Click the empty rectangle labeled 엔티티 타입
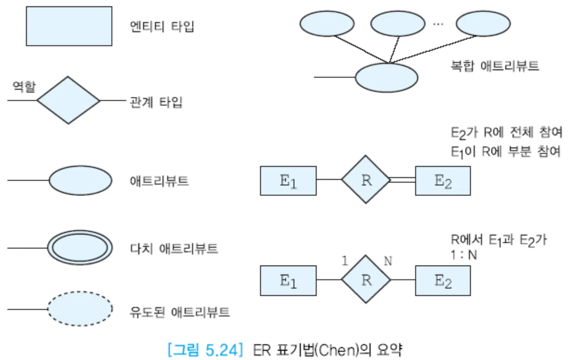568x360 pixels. tap(69, 26)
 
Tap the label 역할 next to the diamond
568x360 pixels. tap(24, 86)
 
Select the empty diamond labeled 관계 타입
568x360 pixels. tap(68, 100)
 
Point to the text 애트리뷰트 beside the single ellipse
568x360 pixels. tap(159, 181)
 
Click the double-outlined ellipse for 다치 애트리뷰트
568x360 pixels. tap(80, 248)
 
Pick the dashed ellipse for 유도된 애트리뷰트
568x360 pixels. tap(80, 309)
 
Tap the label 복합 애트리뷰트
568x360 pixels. tap(495, 66)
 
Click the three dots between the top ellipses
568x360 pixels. tap(438, 24)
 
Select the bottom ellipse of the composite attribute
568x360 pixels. tap(386, 78)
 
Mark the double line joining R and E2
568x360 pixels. tap(403, 180)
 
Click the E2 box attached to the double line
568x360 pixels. tap(443, 181)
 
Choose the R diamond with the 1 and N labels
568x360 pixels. tap(366, 279)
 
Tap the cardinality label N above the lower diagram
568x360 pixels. tap(388, 261)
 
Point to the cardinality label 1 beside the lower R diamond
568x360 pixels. tap(345, 261)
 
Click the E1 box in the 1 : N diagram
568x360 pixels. tap(288, 280)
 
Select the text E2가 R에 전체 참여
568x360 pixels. tap(506, 132)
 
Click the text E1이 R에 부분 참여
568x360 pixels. tap(505, 151)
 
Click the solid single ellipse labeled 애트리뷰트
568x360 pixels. tap(80, 180)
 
